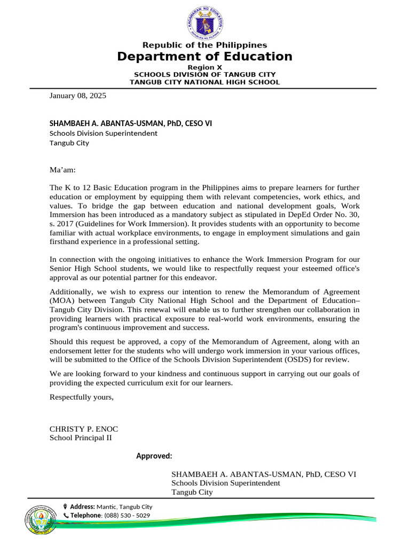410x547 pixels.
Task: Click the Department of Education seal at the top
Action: (x=205, y=22)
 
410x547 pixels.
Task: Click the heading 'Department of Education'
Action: (x=205, y=57)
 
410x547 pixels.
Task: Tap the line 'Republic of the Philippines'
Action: (x=205, y=45)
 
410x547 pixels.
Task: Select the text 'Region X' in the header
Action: (x=205, y=67)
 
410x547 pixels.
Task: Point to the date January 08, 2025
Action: (x=78, y=96)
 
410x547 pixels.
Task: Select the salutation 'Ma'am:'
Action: (x=63, y=170)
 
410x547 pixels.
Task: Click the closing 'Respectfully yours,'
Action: (x=82, y=397)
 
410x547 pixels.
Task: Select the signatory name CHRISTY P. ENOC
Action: (x=83, y=429)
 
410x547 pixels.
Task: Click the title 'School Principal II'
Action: (x=81, y=438)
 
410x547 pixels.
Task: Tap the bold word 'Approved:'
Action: (x=154, y=456)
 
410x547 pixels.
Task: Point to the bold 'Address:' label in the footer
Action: (x=82, y=506)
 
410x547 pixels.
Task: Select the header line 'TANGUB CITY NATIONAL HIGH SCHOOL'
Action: (x=205, y=82)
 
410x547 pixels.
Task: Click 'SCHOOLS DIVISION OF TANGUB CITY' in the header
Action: (x=205, y=75)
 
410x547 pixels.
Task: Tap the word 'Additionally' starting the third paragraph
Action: (x=70, y=292)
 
